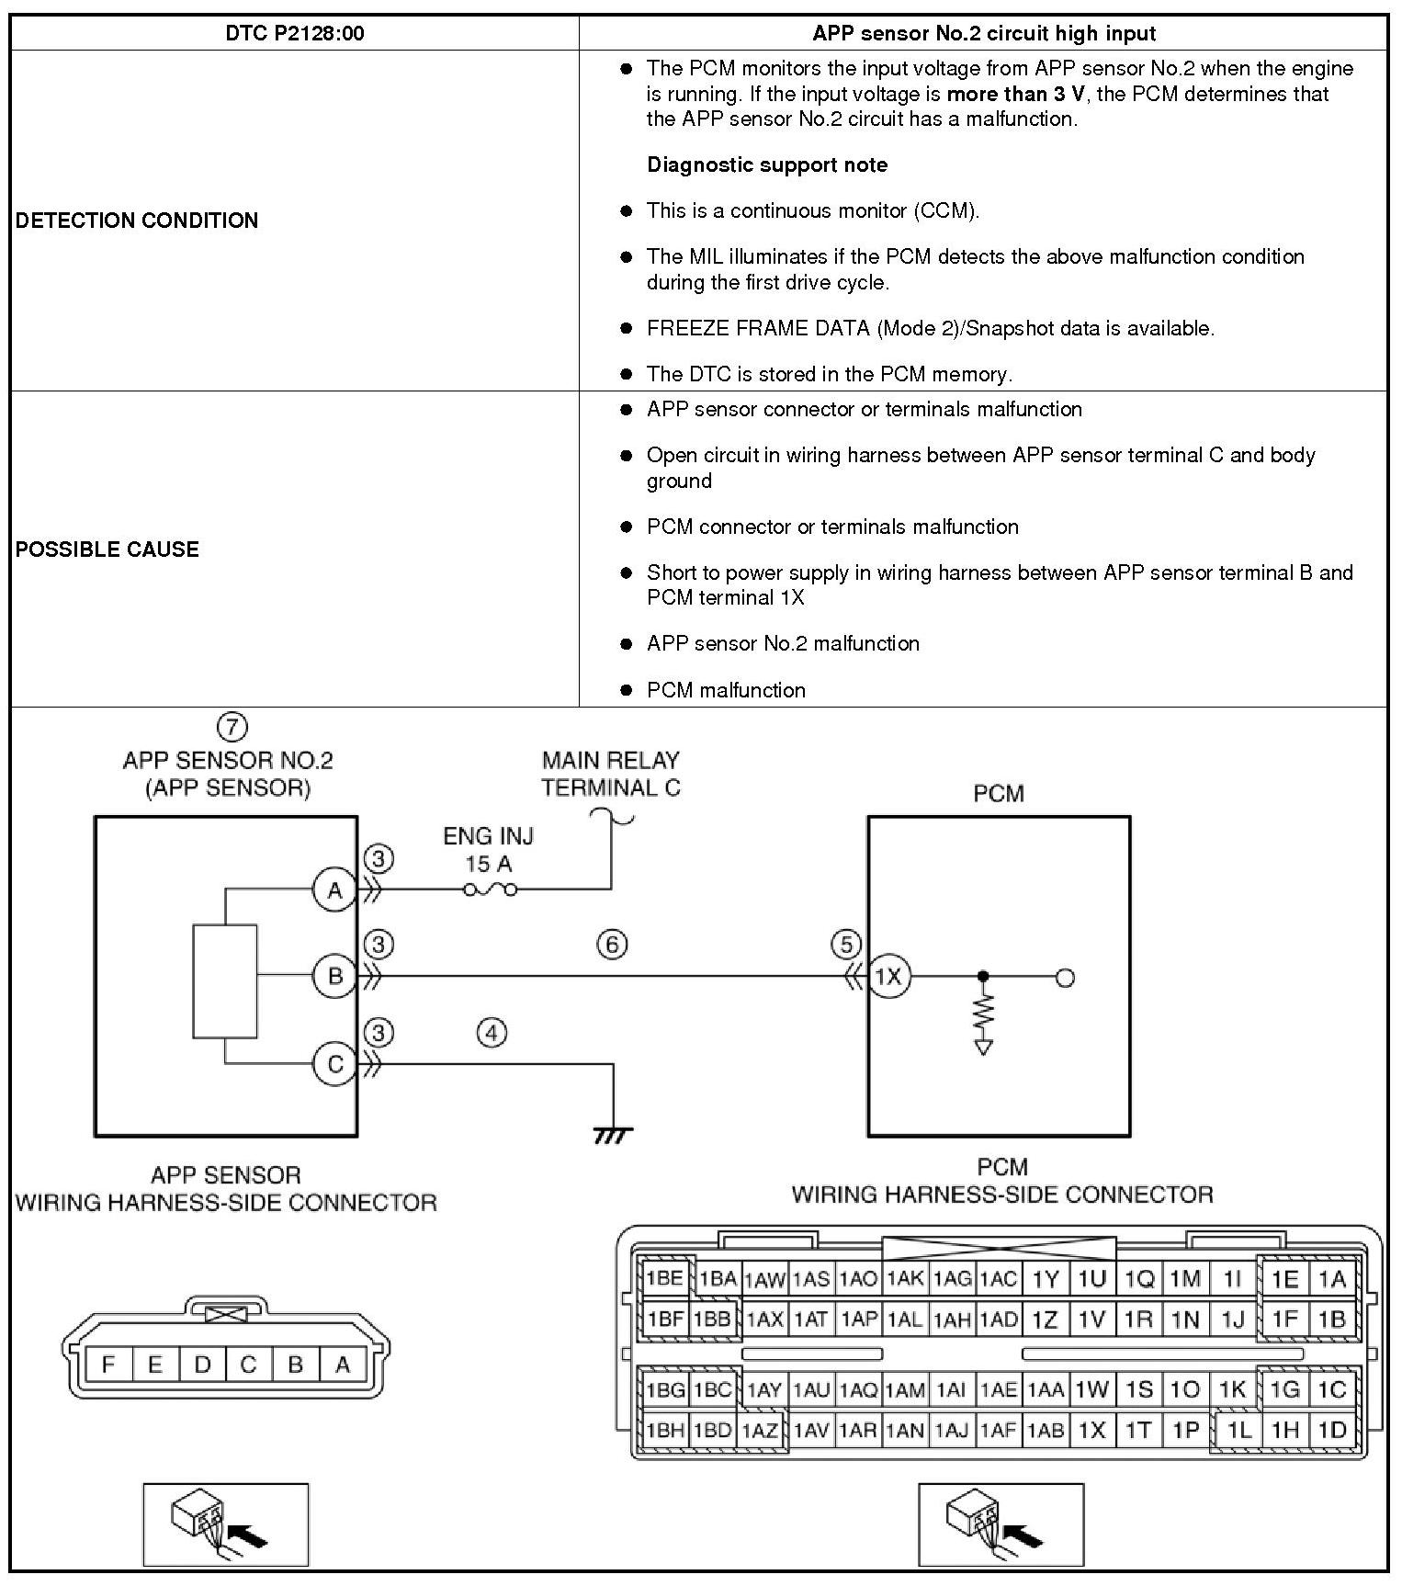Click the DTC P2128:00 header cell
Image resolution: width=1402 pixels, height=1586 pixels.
pyautogui.click(x=294, y=34)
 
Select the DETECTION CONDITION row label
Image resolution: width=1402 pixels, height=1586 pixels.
pyautogui.click(x=137, y=221)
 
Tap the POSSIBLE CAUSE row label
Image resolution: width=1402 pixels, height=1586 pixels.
pyautogui.click(x=107, y=549)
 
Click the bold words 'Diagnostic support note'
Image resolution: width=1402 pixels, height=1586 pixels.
pyautogui.click(x=767, y=165)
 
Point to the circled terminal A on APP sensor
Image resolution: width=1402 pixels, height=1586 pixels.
pyautogui.click(x=334, y=889)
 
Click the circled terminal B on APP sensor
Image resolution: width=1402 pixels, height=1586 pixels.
pyautogui.click(x=334, y=976)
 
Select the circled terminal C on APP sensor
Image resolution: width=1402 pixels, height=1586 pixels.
pyautogui.click(x=334, y=1064)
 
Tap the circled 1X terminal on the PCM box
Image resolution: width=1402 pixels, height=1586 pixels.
pyautogui.click(x=888, y=977)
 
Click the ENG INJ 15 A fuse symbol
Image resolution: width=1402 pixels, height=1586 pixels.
pyautogui.click(x=490, y=889)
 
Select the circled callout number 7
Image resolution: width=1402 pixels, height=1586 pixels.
pyautogui.click(x=232, y=727)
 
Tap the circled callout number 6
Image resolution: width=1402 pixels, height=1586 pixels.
pyautogui.click(x=612, y=944)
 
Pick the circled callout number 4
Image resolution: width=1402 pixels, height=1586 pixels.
pyautogui.click(x=492, y=1034)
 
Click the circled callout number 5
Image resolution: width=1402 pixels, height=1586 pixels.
pyautogui.click(x=846, y=944)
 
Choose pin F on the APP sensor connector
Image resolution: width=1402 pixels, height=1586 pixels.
pyautogui.click(x=108, y=1365)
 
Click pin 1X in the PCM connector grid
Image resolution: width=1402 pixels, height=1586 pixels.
pyautogui.click(x=1091, y=1430)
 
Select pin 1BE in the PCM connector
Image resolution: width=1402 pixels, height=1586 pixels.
pyautogui.click(x=663, y=1278)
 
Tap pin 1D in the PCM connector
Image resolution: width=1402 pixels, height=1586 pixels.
pyautogui.click(x=1331, y=1430)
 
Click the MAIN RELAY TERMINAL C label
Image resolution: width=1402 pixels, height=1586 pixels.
pyautogui.click(x=610, y=774)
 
